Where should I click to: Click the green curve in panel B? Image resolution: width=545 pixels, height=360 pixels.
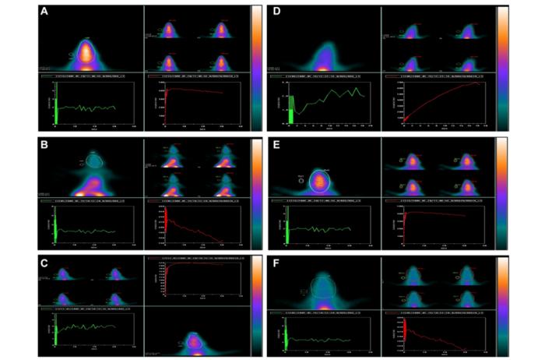86,231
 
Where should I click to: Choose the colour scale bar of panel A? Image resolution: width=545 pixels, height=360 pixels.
256,62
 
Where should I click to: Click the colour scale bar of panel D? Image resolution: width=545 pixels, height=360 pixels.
503,62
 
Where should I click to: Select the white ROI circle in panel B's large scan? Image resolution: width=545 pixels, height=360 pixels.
94,160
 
